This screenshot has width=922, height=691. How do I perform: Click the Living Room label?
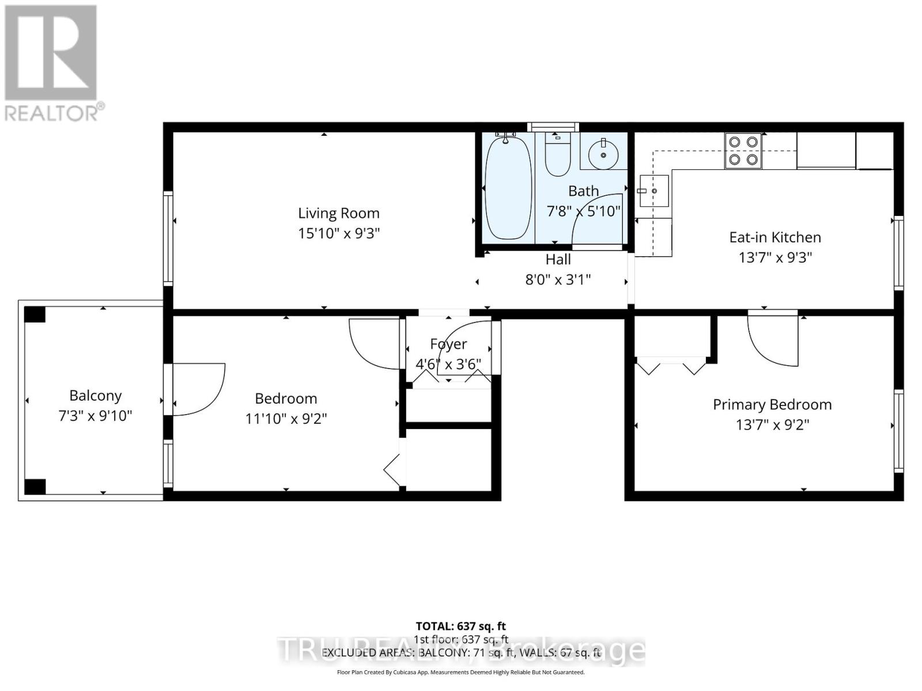(x=338, y=213)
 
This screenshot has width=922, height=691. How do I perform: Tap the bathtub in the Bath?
(x=508, y=187)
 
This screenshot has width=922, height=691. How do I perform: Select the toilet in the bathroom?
(x=557, y=154)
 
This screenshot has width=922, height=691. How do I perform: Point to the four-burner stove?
(x=743, y=150)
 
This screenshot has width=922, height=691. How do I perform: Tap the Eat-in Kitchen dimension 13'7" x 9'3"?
(x=775, y=257)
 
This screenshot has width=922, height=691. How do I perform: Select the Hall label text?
(x=558, y=259)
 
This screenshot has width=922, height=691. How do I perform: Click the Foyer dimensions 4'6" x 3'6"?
(x=448, y=364)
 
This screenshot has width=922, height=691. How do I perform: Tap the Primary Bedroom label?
(x=772, y=404)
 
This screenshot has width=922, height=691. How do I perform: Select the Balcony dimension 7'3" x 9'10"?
(x=96, y=416)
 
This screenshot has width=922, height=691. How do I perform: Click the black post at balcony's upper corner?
(x=35, y=314)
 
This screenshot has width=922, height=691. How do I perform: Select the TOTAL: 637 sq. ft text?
(x=460, y=626)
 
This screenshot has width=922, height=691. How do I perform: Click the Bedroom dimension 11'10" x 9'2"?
(x=286, y=419)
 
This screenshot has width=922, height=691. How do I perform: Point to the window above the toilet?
(x=553, y=127)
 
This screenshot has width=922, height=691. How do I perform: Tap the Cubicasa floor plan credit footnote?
(x=460, y=672)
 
